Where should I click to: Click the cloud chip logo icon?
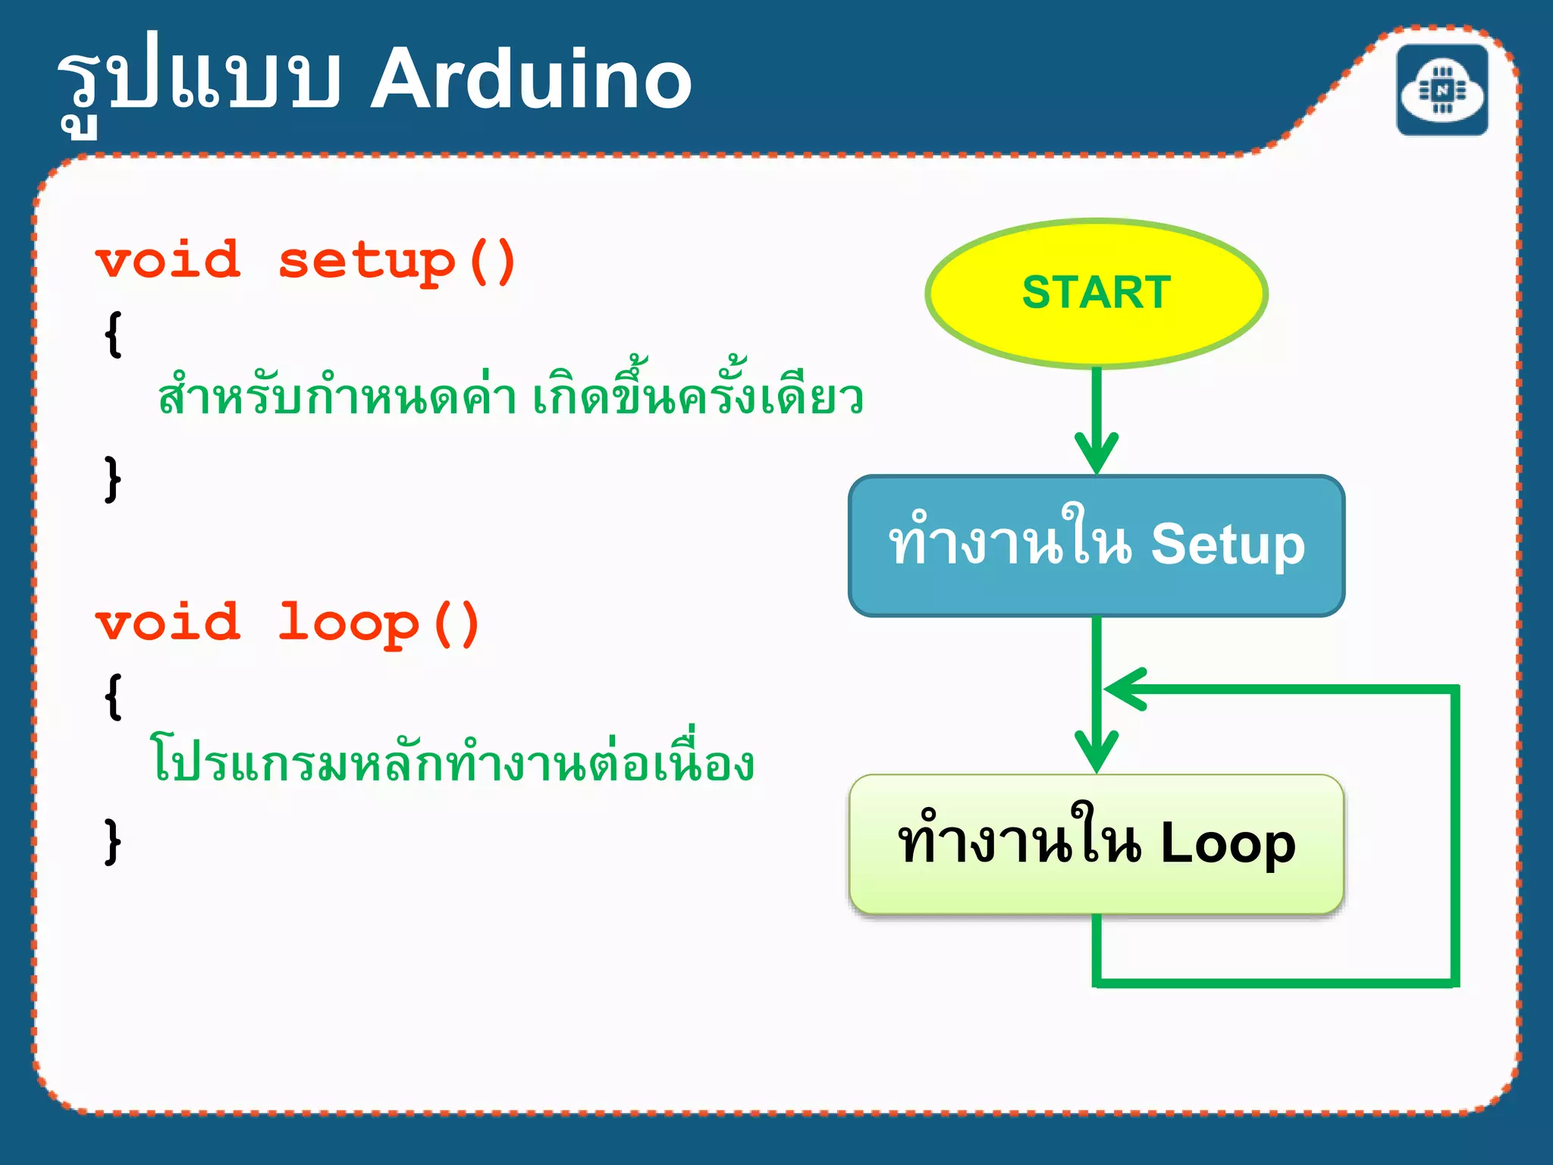1442,90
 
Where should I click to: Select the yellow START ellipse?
1097,294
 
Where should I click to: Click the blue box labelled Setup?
1097,545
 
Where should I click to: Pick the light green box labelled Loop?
1097,844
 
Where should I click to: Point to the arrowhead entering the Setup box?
1097,453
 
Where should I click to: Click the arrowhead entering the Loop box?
1097,752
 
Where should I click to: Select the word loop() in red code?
378,623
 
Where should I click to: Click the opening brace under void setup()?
113,334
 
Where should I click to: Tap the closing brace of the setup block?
112,479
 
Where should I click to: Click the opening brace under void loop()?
113,696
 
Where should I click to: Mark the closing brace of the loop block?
112,840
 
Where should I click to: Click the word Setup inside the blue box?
1228,545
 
